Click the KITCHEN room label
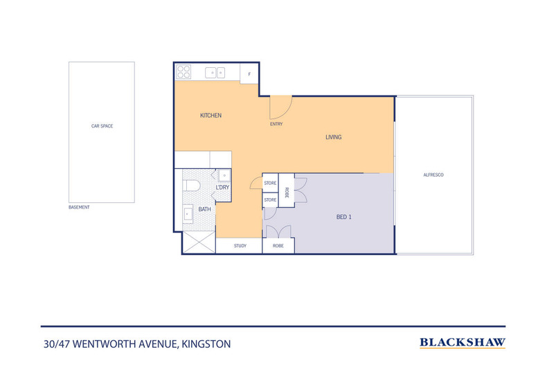tap(210, 116)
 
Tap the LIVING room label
tap(334, 137)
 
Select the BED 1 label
tap(343, 217)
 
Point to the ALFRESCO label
tap(433, 175)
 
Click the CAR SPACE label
tap(102, 126)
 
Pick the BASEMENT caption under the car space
tap(79, 207)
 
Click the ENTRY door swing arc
tap(286, 112)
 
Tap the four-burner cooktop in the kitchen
tap(183, 72)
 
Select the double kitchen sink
tap(215, 73)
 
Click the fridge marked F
tap(249, 73)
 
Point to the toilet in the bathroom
tap(191, 186)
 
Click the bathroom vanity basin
tap(188, 213)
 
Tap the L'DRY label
tap(222, 188)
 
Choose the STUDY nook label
tap(240, 246)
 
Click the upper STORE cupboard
tap(270, 183)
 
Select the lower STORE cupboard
tap(270, 200)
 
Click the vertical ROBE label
tap(287, 193)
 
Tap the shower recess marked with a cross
tap(199, 242)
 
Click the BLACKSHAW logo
tap(463, 343)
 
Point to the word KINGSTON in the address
tap(206, 344)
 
